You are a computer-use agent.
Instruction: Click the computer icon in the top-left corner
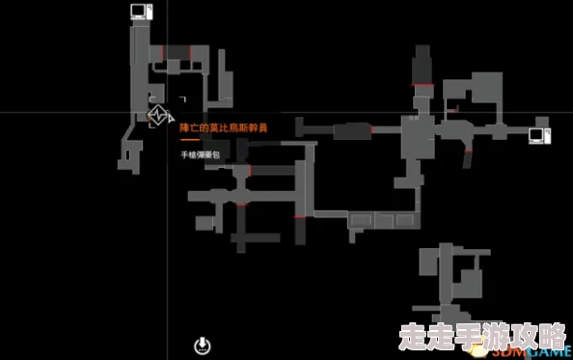[139, 12]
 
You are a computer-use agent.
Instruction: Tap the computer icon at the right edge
[538, 134]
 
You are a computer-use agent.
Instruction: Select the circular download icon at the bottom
[202, 345]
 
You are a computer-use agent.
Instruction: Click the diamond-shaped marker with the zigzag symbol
[158, 116]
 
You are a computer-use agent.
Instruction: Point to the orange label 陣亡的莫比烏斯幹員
[223, 127]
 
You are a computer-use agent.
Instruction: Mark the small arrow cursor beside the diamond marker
[180, 98]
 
